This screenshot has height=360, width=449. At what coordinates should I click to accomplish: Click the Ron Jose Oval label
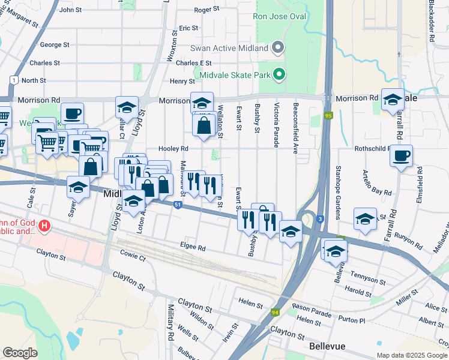coord(279,17)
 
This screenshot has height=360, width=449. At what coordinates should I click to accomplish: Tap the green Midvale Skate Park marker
coord(279,74)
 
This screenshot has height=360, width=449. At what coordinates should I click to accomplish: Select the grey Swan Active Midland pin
coord(277,47)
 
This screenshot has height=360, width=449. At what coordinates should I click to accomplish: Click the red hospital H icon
coord(44,227)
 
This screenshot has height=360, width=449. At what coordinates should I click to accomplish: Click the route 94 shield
coord(275,312)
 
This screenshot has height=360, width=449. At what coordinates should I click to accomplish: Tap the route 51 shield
coord(178,205)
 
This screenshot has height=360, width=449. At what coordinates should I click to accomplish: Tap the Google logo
coord(20,353)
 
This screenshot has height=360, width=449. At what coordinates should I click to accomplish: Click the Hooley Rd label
coord(173,148)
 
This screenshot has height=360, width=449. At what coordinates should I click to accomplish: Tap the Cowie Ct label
coord(133,257)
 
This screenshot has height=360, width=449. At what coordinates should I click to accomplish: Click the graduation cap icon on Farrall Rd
coord(393,100)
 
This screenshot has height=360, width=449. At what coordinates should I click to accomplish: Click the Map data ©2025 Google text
coord(411,355)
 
